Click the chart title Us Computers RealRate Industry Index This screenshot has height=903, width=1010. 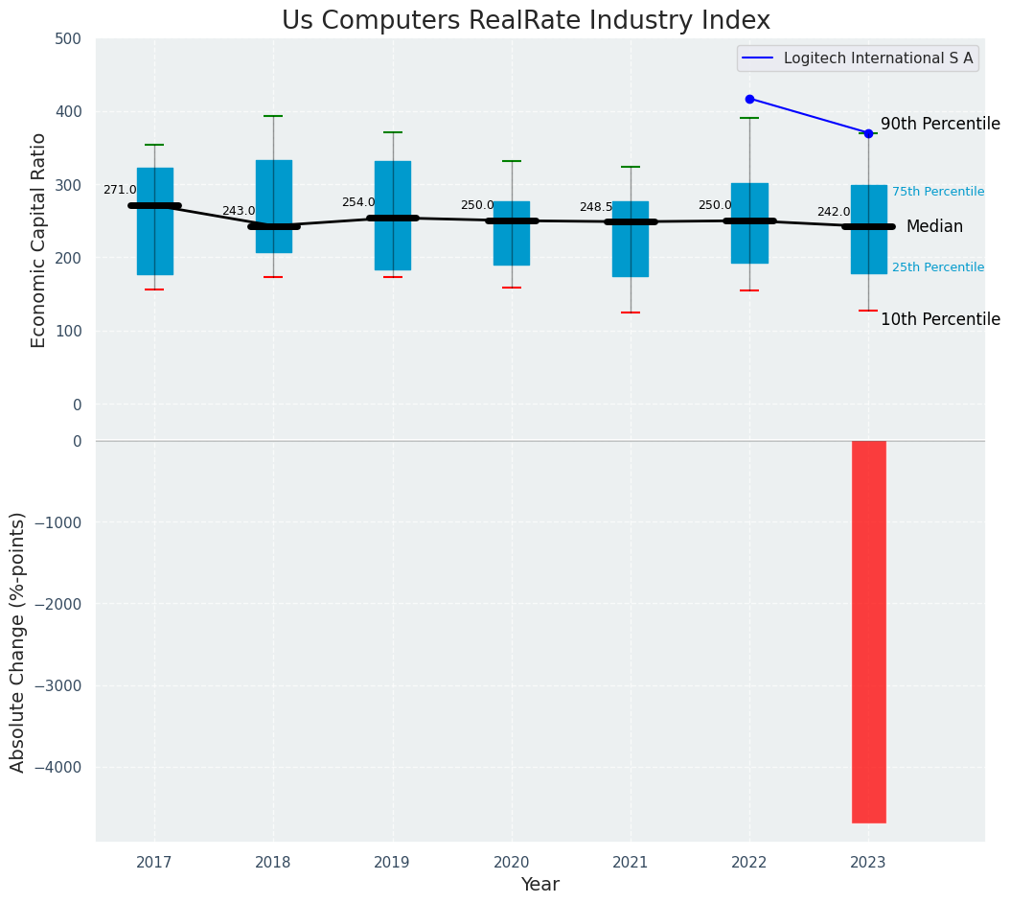525,21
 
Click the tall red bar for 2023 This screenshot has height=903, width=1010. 868,632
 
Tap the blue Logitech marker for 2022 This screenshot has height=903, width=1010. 749,99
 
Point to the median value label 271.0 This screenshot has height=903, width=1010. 120,191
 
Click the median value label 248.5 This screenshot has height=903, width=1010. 595,207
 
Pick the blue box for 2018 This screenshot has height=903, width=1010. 273,206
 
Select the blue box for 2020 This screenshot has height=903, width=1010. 511,233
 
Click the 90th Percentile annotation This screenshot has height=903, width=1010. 940,125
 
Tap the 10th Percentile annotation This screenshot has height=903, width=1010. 940,320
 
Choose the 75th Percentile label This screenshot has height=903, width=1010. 937,193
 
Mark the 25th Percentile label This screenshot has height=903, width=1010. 937,267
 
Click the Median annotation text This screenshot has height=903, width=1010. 934,227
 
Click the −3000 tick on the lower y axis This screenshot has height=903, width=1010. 58,686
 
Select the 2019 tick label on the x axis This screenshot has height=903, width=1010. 392,863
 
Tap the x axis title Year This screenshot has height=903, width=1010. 539,885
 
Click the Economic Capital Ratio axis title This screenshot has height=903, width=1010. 39,240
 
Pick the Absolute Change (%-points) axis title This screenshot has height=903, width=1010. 18,641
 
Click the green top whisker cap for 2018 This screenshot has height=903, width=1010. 273,116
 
